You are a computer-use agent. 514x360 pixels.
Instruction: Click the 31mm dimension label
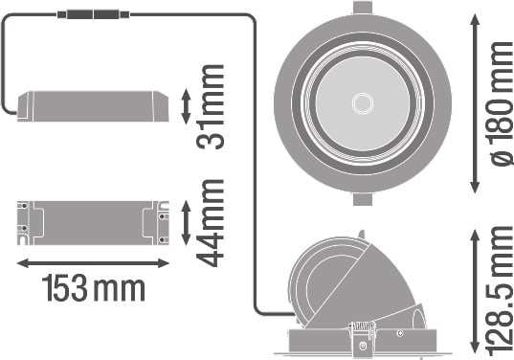pos(211,107)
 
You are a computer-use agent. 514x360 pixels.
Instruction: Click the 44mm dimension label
pos(211,223)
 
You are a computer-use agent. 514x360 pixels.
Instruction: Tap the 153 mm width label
pos(94,288)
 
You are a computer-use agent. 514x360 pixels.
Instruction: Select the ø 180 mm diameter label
pos(502,104)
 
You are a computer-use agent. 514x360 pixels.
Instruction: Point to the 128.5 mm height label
pos(502,292)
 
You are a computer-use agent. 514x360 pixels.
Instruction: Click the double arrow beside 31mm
pos(186,106)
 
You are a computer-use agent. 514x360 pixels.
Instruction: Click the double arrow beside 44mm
pos(186,223)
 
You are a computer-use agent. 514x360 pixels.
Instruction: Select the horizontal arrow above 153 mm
pos(93,263)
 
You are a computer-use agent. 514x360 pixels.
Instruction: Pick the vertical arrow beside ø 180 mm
pos(475,104)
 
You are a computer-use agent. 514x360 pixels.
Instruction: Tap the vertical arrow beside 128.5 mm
pos(475,292)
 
